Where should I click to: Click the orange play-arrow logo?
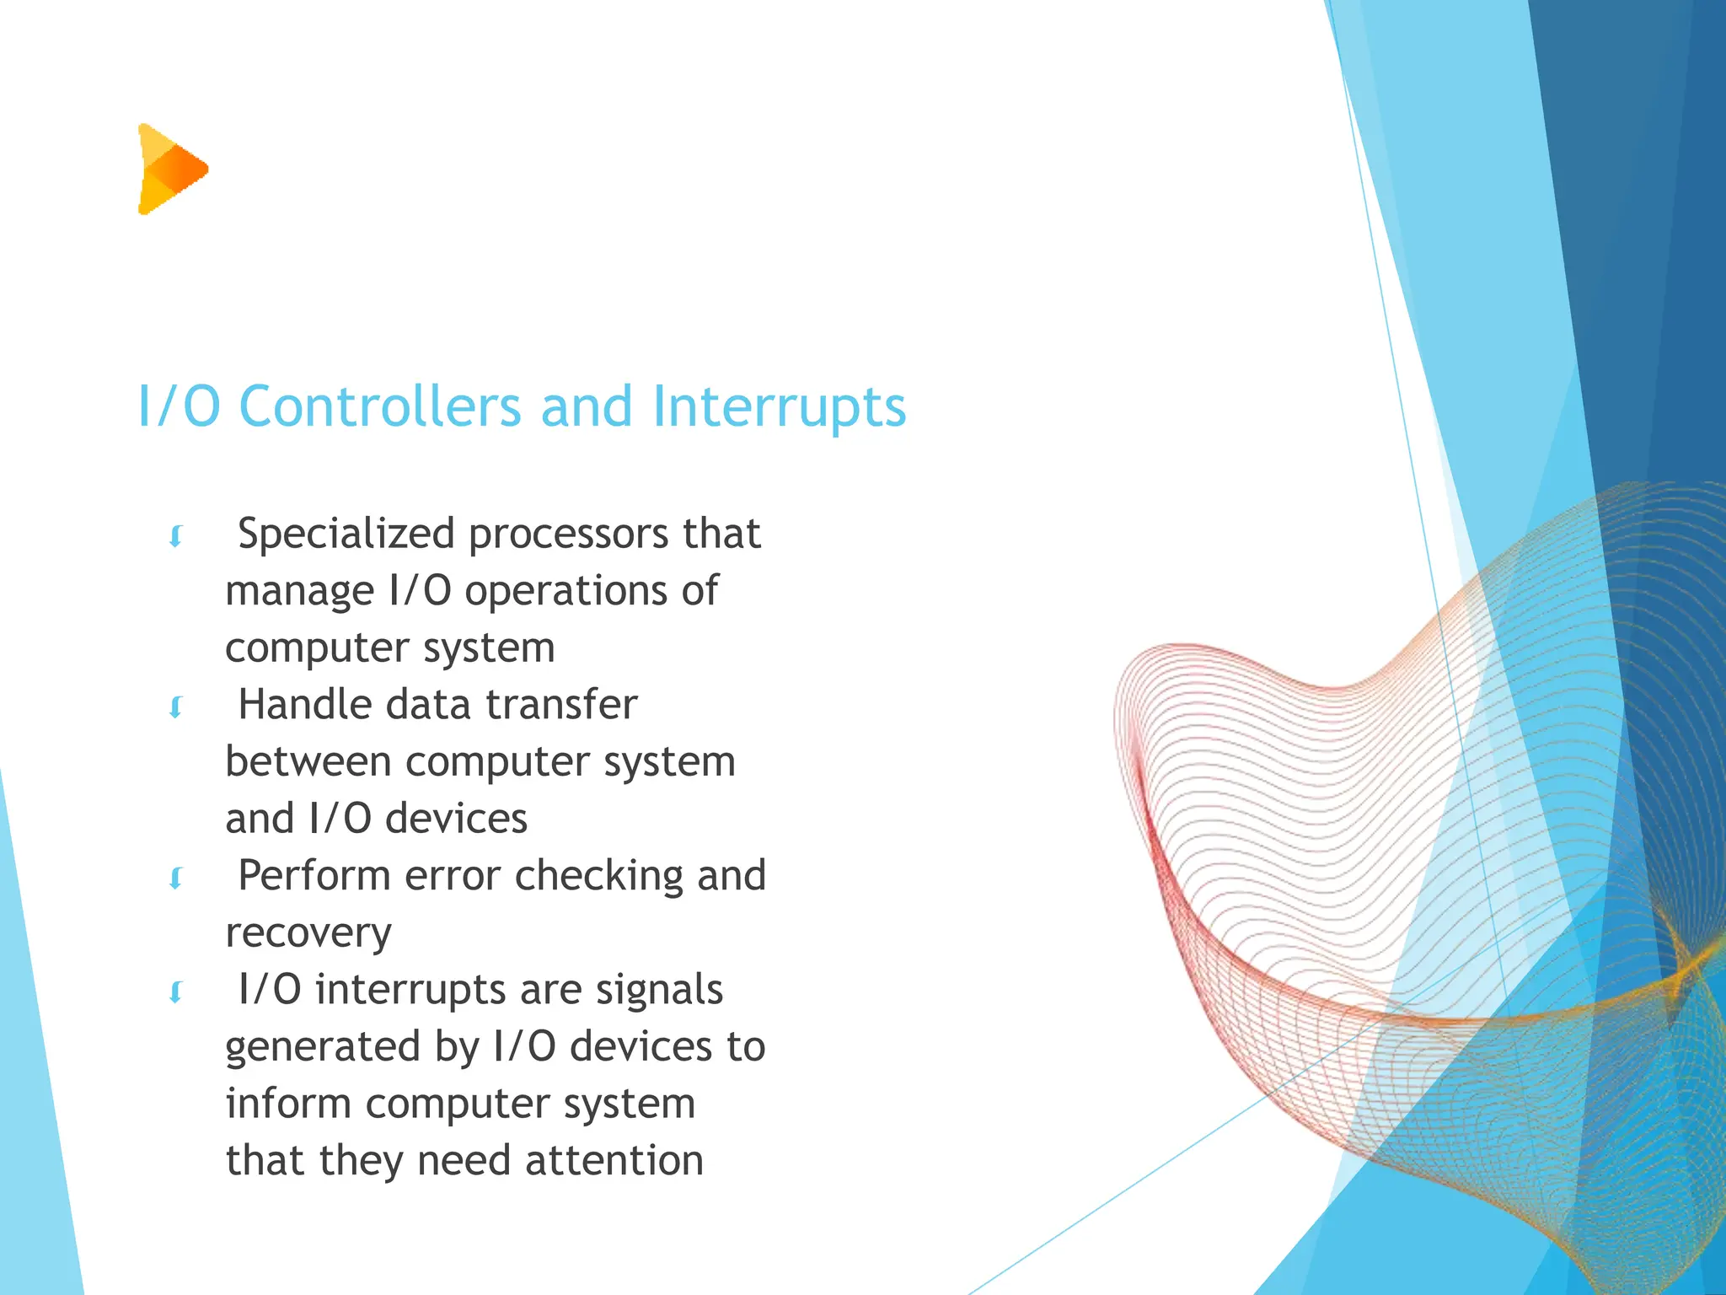click(172, 169)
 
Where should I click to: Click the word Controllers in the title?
click(380, 407)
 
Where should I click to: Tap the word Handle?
click(304, 705)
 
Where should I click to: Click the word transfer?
click(561, 705)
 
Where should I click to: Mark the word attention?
click(614, 1161)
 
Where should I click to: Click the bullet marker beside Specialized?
click(176, 537)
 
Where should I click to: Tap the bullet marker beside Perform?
click(176, 879)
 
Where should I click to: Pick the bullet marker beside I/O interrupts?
click(176, 993)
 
